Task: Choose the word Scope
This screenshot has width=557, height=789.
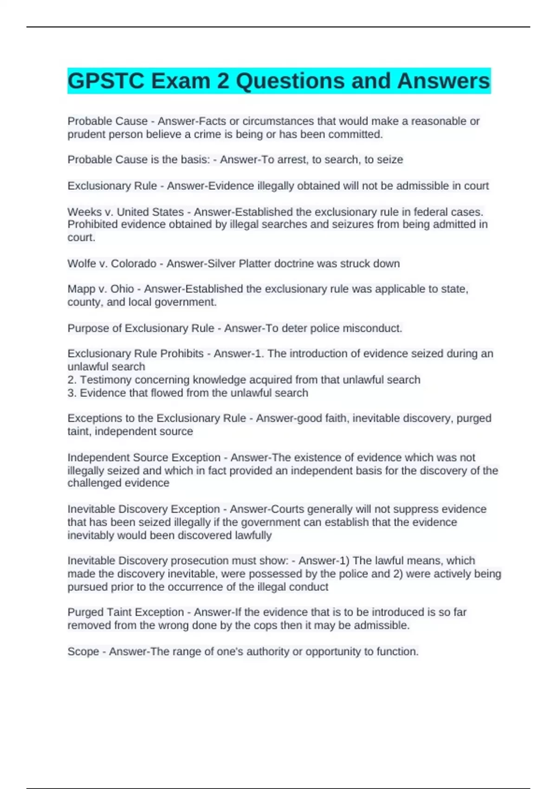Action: pyautogui.click(x=83, y=652)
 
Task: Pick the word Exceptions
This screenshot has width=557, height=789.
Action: pyautogui.click(x=95, y=418)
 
